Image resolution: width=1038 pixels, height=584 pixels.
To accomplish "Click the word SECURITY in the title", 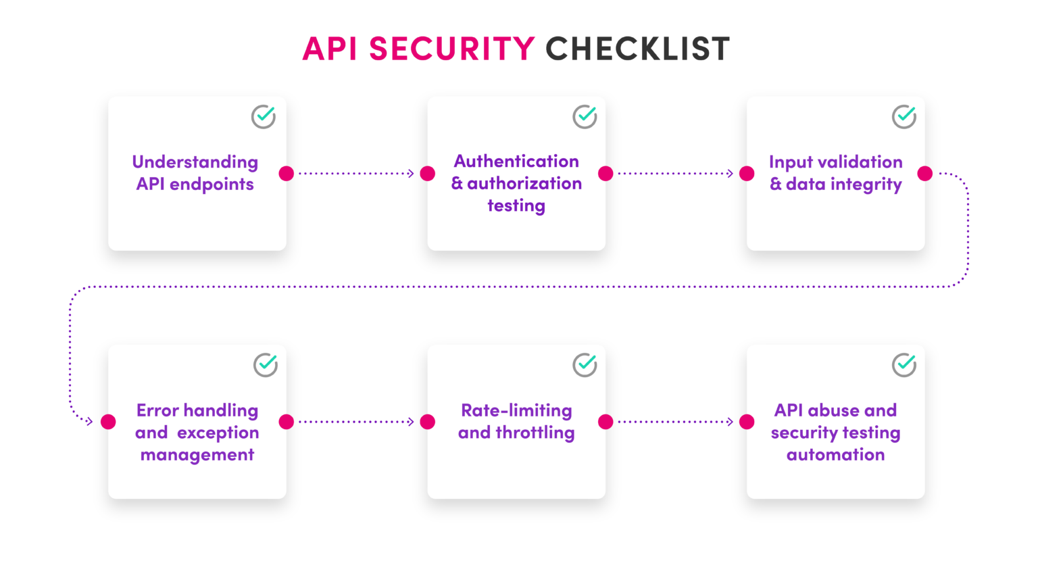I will pos(451,49).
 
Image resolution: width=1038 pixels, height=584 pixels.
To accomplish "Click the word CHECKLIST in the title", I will pos(637,49).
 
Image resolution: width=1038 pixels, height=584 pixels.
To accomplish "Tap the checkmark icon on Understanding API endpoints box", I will pos(264,116).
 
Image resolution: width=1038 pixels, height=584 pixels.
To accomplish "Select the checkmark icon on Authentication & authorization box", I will pos(585,116).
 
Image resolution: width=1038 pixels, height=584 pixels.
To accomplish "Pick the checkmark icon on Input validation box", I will pos(904,116).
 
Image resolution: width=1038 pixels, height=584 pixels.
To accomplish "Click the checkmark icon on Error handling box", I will pos(266,364).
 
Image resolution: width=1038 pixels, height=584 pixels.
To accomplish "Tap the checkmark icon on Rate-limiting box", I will pos(585,364).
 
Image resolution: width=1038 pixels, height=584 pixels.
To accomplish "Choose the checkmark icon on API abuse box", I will pos(904,364).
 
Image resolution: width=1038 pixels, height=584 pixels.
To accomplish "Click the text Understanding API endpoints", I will pos(195,173).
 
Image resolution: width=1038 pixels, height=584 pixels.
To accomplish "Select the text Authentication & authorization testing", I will pos(516,183).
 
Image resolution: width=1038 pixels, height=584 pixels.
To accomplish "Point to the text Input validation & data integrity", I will pos(836,173).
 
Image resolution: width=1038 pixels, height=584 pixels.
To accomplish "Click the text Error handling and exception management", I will pos(197,433).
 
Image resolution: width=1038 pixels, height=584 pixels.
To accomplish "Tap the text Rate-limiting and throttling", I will pos(516,421).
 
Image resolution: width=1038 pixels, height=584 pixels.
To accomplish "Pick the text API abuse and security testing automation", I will pos(836,433).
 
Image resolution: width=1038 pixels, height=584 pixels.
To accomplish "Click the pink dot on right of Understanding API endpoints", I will pos(287,174).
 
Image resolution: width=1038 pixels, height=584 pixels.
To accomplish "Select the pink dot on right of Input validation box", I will pos(925,174).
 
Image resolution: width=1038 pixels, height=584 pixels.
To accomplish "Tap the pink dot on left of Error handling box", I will pos(108,422).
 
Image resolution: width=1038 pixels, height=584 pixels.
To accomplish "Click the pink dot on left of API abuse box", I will pos(747,422).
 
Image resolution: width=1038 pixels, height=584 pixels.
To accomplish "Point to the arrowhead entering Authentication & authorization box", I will pos(411,174).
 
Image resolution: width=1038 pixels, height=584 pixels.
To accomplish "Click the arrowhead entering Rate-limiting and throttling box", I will pos(411,422).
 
